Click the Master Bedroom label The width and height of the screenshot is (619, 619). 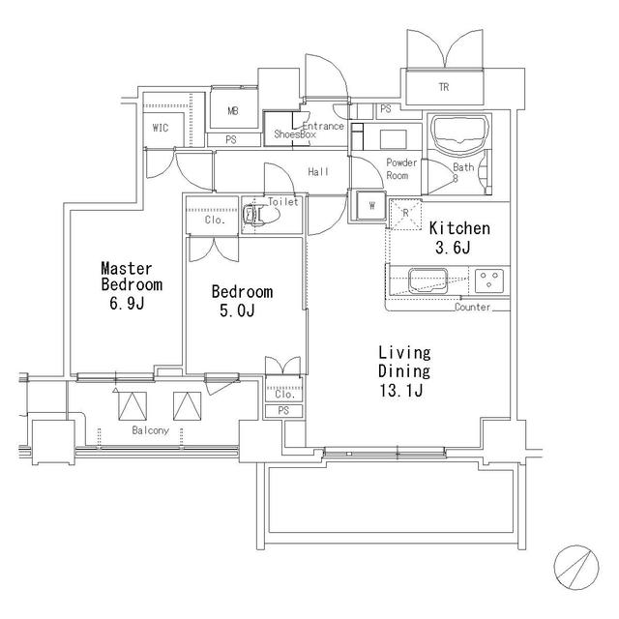pos(132,277)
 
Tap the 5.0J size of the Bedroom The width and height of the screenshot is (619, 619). pos(239,311)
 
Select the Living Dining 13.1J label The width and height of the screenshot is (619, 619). pos(404,371)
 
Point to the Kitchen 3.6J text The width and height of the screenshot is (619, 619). pos(459,238)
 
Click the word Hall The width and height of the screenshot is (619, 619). pos(318,172)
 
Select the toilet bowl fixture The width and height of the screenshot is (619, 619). pos(256,217)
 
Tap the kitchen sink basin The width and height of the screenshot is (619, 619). pos(426,281)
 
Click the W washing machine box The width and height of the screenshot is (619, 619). pos(370,204)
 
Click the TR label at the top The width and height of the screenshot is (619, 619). pos(443,88)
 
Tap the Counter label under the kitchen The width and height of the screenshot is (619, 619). pos(472,308)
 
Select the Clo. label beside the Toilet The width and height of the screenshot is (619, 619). pos(215,221)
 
